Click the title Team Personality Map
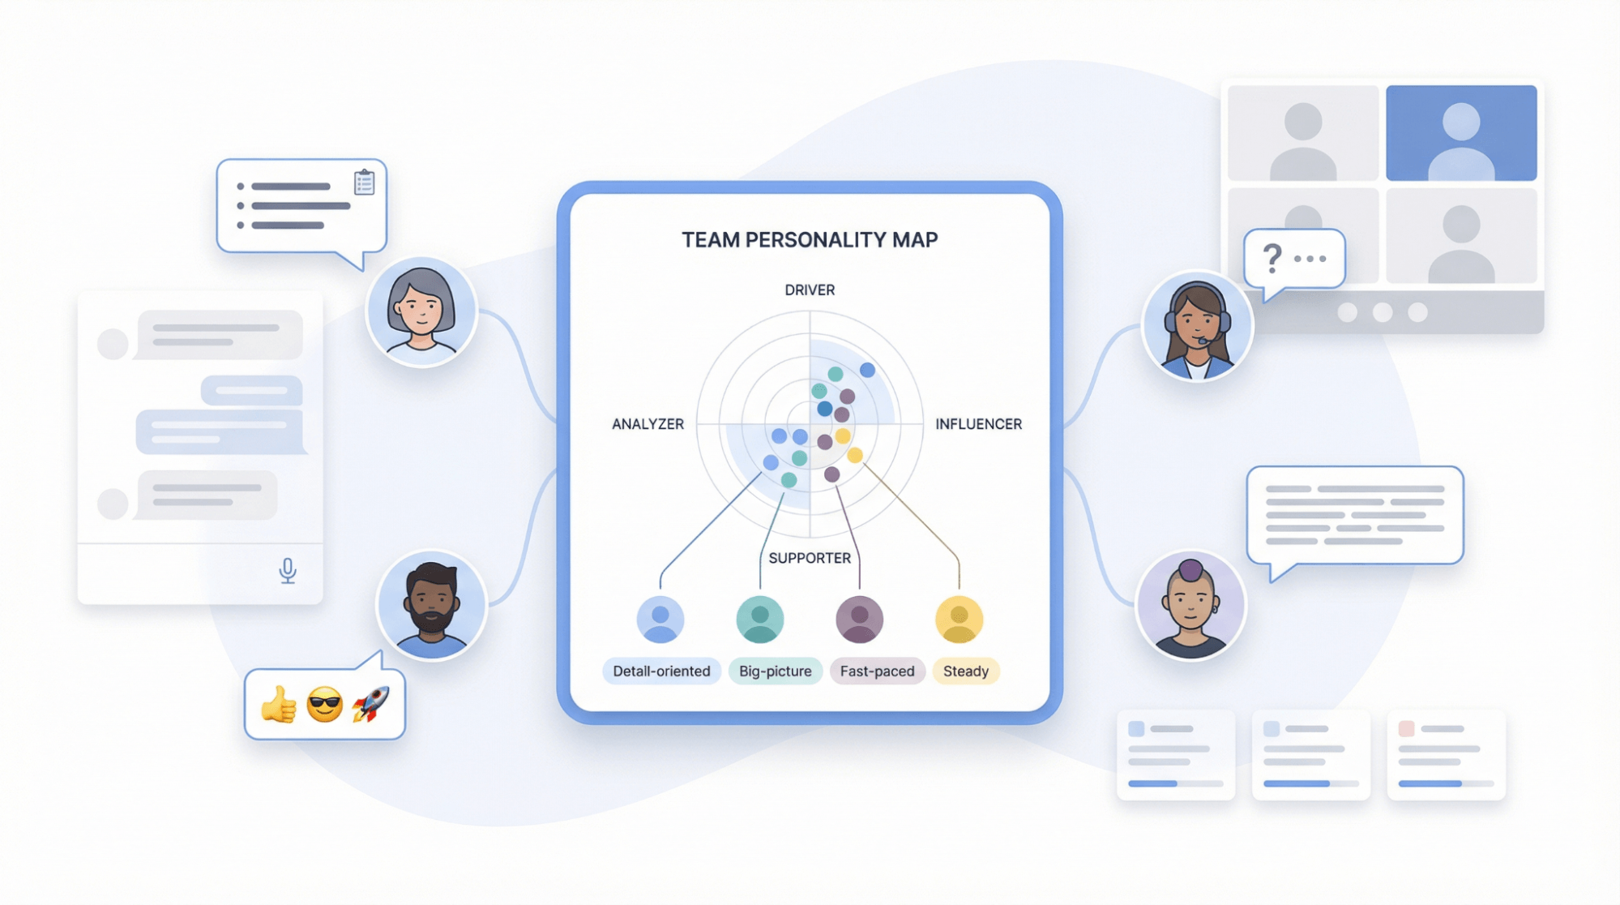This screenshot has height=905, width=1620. (x=809, y=240)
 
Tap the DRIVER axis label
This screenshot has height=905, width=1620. (x=809, y=290)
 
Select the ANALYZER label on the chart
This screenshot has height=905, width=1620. (x=648, y=424)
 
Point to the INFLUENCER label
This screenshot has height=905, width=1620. (x=978, y=424)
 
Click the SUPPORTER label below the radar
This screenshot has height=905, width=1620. (x=809, y=558)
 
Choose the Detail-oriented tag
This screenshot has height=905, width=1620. (x=661, y=671)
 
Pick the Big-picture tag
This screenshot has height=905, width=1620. (x=775, y=671)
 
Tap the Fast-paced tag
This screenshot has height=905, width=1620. (x=877, y=671)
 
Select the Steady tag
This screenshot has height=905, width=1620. (x=965, y=671)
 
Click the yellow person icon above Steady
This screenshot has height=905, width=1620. (x=959, y=620)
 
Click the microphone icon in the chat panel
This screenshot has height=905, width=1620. (x=288, y=570)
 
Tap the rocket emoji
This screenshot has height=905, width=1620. (x=371, y=704)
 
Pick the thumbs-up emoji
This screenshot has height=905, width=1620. (x=278, y=704)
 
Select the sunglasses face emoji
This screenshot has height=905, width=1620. (x=324, y=704)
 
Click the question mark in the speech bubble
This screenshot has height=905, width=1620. (x=1272, y=259)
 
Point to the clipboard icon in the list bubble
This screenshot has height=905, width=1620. (x=364, y=182)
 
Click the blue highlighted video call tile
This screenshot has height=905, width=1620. (x=1460, y=133)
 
